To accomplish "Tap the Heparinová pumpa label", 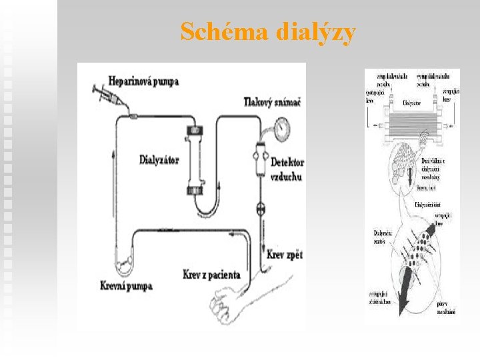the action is click(145, 81).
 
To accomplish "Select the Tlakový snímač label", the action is click(272, 102).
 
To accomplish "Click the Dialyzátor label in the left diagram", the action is click(159, 159).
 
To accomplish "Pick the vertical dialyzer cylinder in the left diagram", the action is click(195, 160).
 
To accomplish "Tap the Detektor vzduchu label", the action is click(287, 169).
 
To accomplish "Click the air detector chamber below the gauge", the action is click(260, 159).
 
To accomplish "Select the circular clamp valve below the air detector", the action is click(261, 209).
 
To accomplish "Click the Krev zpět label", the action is click(285, 255).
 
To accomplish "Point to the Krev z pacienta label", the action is click(211, 274).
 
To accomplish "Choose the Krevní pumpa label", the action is click(127, 285).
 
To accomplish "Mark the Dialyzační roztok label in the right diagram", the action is click(381, 236).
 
